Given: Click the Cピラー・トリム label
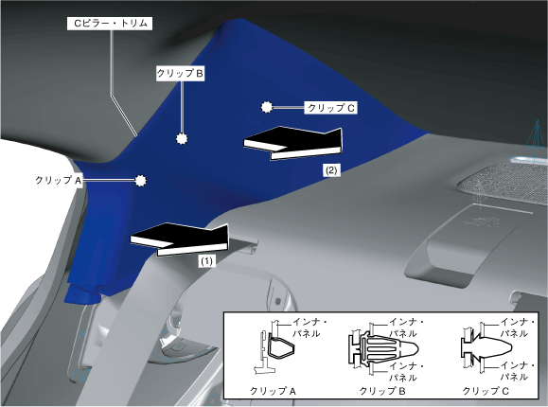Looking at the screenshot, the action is (x=110, y=24).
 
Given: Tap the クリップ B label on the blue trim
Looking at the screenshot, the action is (x=180, y=74).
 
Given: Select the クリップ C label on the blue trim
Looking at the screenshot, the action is (x=331, y=108).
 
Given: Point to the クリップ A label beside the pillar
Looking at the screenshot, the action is (x=59, y=181).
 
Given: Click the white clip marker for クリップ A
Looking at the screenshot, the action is (x=140, y=181).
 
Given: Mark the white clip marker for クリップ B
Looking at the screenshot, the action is (x=182, y=139).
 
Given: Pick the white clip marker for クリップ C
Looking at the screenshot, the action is (x=267, y=107).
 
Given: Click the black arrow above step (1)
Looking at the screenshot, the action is (x=180, y=239).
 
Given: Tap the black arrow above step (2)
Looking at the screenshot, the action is (x=292, y=143).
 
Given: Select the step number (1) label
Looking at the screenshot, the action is (x=206, y=261).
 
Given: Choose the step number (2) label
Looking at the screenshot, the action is (x=331, y=170).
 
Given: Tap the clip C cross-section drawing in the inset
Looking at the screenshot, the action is (x=486, y=347).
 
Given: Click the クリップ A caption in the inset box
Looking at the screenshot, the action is (x=273, y=391).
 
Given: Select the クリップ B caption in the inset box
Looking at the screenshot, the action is (x=382, y=391).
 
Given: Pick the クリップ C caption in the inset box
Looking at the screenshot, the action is (x=486, y=391).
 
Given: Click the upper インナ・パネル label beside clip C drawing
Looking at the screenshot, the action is (x=518, y=328).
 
